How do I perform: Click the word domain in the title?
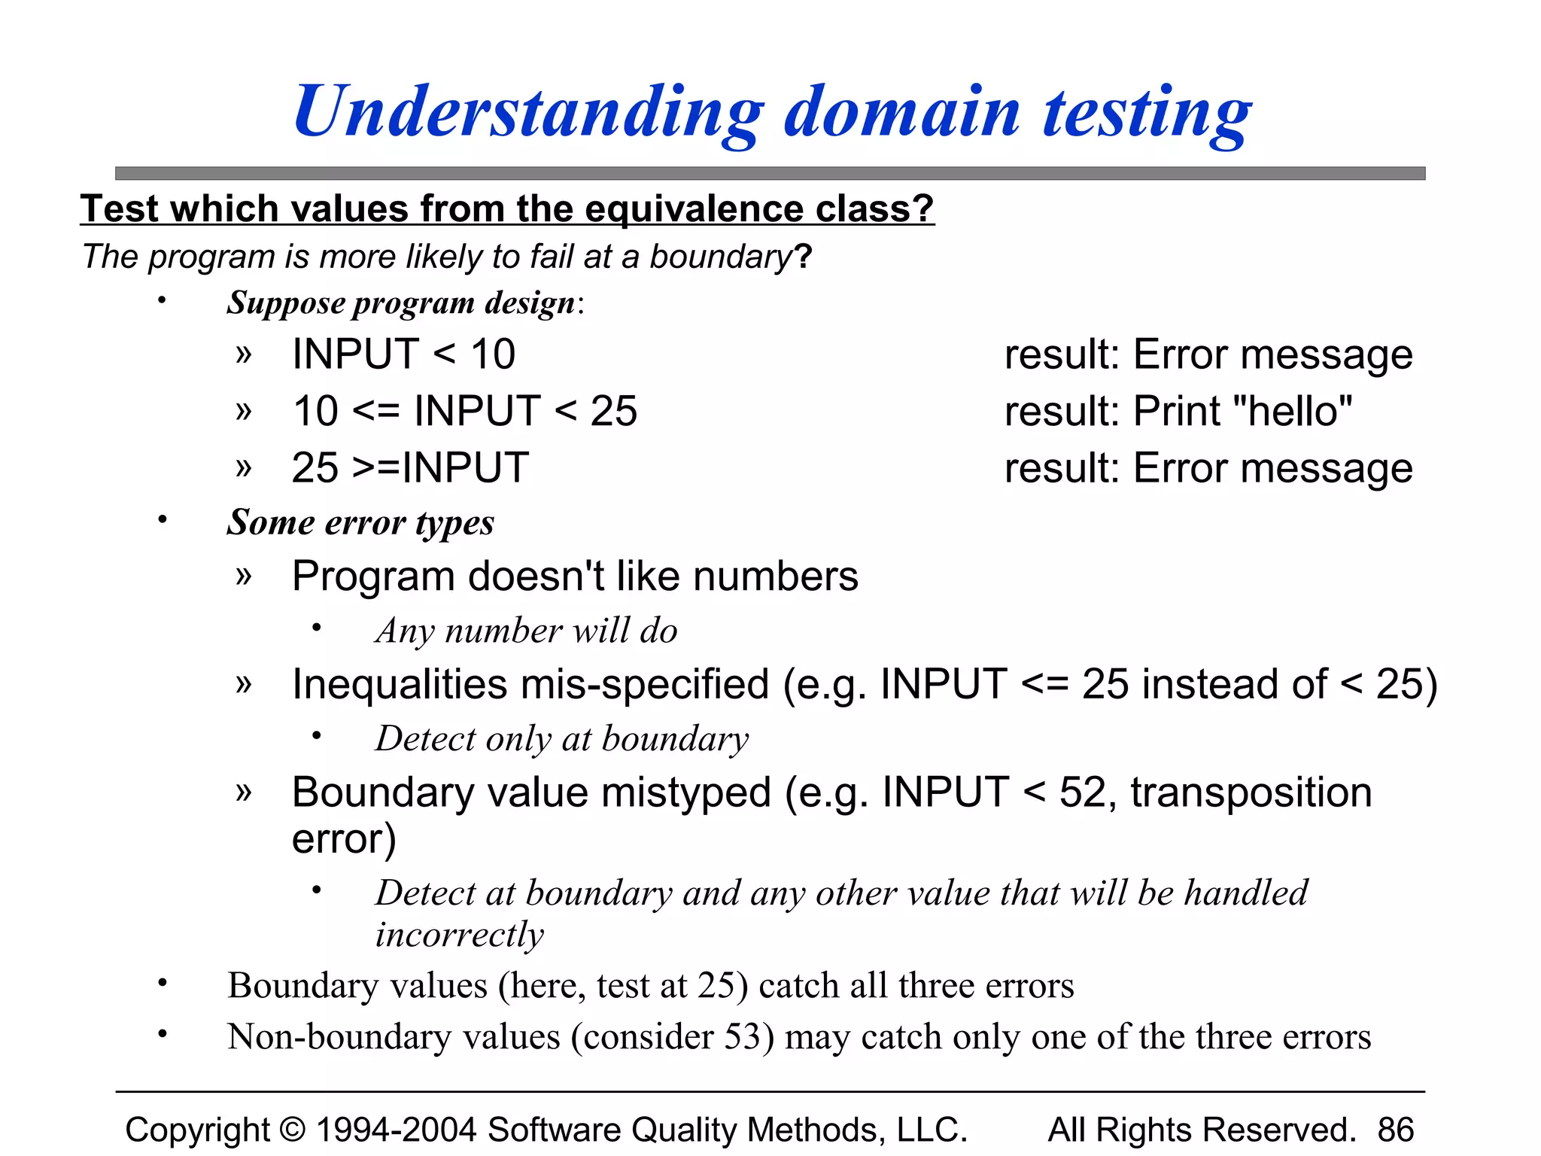click(x=902, y=113)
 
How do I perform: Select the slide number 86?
click(x=1396, y=1130)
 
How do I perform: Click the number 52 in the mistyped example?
click(x=1082, y=792)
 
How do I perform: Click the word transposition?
click(x=1251, y=792)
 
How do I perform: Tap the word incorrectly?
click(x=460, y=935)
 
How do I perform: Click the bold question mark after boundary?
click(x=804, y=257)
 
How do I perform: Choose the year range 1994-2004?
click(x=396, y=1130)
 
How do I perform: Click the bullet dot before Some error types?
click(x=162, y=519)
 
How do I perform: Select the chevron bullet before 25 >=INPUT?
click(x=243, y=467)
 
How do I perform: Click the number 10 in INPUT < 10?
click(x=493, y=354)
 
